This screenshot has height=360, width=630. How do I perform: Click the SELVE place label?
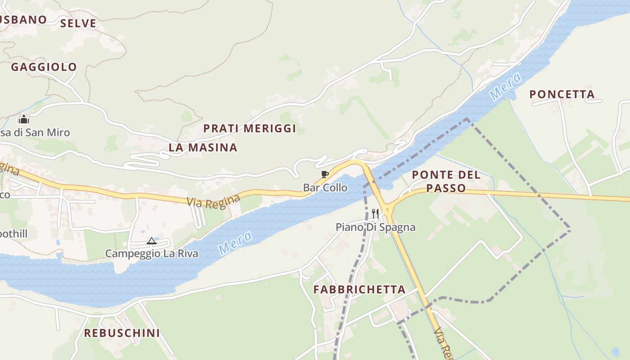point(78,23)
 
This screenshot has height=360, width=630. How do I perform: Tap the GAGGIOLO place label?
point(44,67)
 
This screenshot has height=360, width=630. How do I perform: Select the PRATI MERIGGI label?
point(250,128)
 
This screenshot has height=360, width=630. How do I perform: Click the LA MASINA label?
point(203,147)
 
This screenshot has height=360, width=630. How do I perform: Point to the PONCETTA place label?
point(562,94)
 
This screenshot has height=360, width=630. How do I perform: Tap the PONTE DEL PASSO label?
point(446,181)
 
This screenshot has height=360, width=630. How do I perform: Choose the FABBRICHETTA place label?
point(360,289)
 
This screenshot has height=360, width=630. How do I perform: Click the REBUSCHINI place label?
point(122,333)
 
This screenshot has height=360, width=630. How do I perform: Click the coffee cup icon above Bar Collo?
point(324,175)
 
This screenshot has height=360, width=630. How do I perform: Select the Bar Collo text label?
point(325,188)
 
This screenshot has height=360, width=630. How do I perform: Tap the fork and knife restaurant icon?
point(375,213)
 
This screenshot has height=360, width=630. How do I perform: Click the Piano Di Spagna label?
point(375,227)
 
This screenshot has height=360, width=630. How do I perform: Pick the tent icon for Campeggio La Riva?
point(152,241)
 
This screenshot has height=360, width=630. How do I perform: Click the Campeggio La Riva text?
point(152,253)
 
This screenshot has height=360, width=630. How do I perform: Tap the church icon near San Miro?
point(24,119)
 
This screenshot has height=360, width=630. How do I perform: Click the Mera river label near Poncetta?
point(505,86)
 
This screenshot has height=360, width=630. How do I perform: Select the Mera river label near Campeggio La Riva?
point(235,243)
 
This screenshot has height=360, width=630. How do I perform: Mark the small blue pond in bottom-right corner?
point(615,351)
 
